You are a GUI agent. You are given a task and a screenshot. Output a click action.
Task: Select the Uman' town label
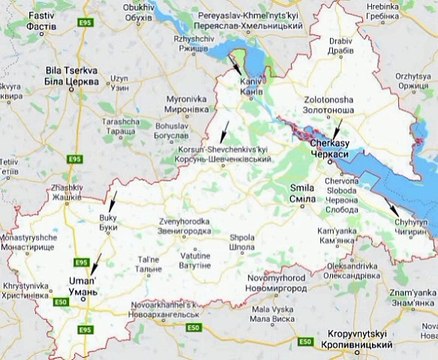pos(82,285)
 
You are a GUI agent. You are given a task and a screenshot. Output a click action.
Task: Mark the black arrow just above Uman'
pos(94,265)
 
